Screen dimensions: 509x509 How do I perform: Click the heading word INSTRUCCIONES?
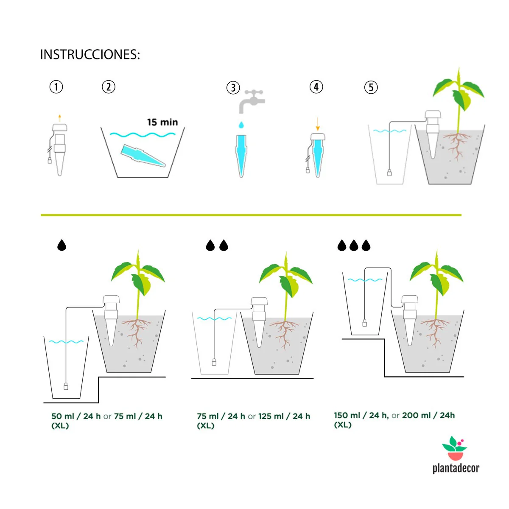90,55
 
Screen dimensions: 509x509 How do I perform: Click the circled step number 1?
56,87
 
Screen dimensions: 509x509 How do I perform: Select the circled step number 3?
233,88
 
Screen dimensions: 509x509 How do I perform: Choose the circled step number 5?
371,87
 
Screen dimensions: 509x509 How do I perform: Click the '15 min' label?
162,122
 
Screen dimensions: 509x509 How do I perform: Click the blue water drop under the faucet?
241,125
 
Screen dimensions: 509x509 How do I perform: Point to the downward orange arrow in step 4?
318,124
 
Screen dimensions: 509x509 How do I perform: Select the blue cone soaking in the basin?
143,156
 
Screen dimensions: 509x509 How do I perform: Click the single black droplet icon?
62,245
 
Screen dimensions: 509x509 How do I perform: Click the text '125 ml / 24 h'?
284,416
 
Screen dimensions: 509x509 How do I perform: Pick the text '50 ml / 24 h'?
76,416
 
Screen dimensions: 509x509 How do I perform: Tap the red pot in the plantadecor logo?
456,456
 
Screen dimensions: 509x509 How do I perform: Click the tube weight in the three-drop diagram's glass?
364,323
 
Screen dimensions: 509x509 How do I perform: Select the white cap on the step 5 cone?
433,115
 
